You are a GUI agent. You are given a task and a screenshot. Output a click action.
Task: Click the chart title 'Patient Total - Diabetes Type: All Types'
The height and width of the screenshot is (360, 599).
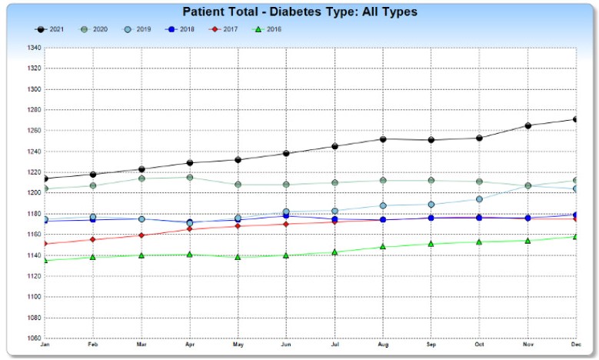click(x=300, y=12)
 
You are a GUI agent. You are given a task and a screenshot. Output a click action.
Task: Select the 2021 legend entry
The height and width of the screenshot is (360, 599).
click(x=49, y=29)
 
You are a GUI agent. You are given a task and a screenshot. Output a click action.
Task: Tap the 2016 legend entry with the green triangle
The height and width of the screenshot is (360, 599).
click(x=268, y=29)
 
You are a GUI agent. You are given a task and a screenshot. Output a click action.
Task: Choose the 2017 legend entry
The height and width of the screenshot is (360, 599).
click(x=223, y=29)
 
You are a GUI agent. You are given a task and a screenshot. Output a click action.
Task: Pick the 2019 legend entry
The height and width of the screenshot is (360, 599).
click(x=137, y=29)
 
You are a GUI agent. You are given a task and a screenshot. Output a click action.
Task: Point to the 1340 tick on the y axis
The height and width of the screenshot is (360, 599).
click(x=34, y=48)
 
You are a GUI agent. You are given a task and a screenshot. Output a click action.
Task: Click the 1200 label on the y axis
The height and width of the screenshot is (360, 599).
click(x=34, y=192)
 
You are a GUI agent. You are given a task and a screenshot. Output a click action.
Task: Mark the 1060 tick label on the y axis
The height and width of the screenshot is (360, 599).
click(x=34, y=338)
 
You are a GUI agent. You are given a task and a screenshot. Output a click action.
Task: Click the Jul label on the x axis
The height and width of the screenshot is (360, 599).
click(x=334, y=345)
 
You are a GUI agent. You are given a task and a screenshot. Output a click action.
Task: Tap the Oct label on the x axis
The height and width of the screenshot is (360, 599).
click(x=479, y=345)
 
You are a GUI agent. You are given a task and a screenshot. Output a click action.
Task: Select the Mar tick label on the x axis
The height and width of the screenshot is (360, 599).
click(x=141, y=345)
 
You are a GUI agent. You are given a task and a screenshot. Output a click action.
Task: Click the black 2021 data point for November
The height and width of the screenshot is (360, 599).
click(x=528, y=125)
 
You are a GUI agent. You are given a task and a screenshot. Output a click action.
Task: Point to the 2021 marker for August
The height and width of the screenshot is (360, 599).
click(x=383, y=139)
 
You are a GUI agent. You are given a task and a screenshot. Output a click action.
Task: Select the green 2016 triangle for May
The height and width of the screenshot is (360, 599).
click(x=238, y=257)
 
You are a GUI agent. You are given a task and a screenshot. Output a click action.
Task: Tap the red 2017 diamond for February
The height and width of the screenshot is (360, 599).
click(x=93, y=240)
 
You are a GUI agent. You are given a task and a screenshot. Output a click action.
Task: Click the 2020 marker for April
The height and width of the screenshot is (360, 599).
click(x=189, y=178)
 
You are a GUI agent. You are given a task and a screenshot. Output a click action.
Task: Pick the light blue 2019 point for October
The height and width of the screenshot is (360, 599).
click(x=479, y=199)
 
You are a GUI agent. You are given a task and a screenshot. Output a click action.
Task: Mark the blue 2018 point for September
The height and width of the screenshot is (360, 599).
click(x=431, y=218)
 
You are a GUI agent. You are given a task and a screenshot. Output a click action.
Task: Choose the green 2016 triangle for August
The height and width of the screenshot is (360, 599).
click(x=383, y=247)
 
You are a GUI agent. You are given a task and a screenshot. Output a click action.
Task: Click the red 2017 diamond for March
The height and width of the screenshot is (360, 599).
click(x=141, y=235)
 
